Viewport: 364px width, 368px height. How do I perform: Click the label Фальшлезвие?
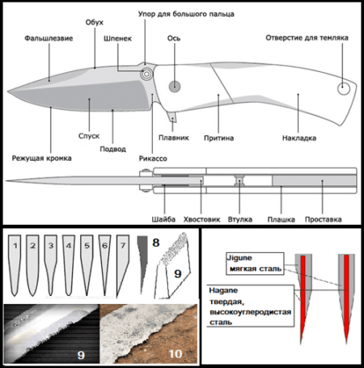pos(49,38)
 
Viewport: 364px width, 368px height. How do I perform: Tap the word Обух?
pos(95,23)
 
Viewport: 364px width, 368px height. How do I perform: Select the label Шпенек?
pos(117,39)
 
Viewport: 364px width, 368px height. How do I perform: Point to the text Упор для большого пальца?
pos(186,14)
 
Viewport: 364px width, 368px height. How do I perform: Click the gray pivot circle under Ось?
pos(175,87)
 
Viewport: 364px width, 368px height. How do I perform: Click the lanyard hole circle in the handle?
pos(344,88)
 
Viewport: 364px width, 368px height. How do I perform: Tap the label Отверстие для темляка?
pos(307,38)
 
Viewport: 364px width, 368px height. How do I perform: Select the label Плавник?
pos(174,137)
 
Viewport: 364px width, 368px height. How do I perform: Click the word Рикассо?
pos(153,159)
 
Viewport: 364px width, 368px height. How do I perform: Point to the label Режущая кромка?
pos(42,158)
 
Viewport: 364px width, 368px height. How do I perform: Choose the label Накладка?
pos(299,138)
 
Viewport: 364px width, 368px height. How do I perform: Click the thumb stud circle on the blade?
pos(147,74)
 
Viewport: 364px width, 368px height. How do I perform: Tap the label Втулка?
pos(240,219)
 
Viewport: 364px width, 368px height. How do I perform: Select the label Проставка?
pos(323,219)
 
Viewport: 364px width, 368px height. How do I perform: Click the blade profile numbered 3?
pos(51,265)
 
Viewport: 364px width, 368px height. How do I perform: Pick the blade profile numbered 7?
pos(123,265)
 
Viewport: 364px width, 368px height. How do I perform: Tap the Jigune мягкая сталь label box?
pos(255,264)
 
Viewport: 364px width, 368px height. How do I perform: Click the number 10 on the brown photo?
pos(176,354)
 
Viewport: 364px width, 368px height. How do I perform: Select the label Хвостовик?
pos(201,219)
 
